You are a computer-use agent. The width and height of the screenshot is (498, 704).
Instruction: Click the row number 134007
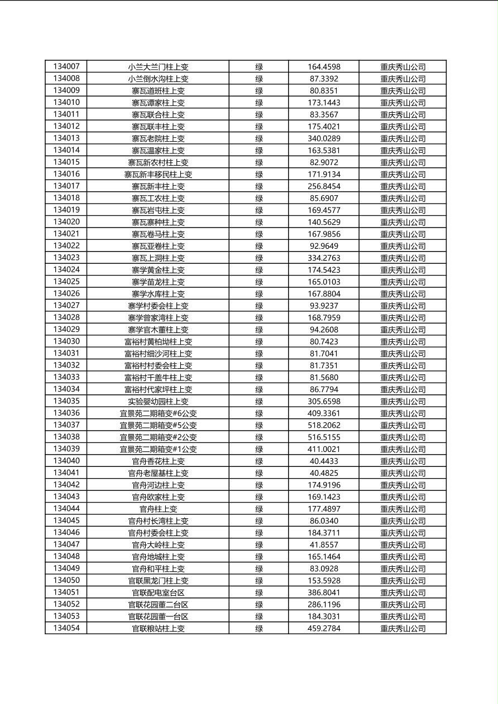[x=66, y=66]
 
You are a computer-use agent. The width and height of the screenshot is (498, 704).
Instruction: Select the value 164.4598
[x=324, y=67]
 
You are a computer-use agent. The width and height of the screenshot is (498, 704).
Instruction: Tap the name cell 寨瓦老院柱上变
[x=158, y=138]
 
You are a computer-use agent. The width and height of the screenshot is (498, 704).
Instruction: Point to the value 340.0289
[x=324, y=138]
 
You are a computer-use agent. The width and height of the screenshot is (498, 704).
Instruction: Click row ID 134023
[x=66, y=258]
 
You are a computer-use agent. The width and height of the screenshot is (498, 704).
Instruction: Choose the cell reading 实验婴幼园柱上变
[x=158, y=401]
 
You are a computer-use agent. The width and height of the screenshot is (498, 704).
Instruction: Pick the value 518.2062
[x=324, y=425]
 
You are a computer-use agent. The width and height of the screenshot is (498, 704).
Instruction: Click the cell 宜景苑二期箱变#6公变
[x=158, y=413]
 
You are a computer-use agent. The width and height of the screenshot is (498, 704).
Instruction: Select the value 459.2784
[x=324, y=628]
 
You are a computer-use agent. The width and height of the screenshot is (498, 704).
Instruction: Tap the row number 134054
[x=66, y=628]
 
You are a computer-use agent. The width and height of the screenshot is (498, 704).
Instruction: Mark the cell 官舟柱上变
[x=158, y=509]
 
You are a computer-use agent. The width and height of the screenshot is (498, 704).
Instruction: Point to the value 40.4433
[x=324, y=461]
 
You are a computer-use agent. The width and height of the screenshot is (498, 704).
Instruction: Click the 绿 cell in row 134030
[x=259, y=341]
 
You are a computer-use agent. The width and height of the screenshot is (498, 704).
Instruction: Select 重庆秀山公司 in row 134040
[x=403, y=461]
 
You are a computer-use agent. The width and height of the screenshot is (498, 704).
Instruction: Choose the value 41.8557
[x=324, y=544]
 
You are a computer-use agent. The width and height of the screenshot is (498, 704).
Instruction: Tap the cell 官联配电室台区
[x=158, y=592]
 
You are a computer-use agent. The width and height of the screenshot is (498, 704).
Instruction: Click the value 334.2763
[x=324, y=258]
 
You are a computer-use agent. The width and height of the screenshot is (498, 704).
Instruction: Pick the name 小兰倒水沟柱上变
[x=158, y=79]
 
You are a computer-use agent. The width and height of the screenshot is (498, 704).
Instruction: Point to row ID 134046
[x=66, y=533]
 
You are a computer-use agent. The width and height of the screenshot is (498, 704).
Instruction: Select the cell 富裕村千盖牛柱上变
[x=158, y=377]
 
